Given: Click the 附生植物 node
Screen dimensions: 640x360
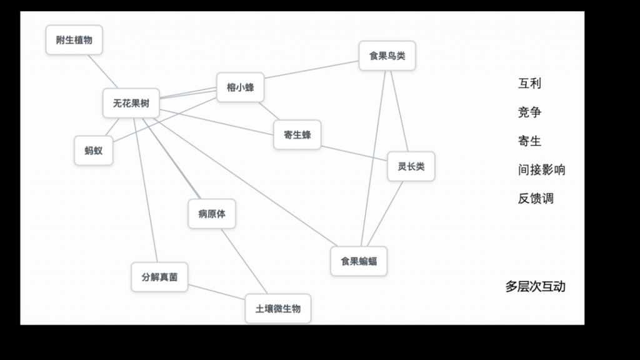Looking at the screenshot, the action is (74, 40).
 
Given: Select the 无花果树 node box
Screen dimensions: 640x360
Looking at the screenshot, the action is (131, 103).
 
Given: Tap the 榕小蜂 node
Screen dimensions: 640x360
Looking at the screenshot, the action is (241, 87).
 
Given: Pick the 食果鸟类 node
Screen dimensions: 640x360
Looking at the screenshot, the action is (387, 56).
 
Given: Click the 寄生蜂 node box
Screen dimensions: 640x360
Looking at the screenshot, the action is (297, 135).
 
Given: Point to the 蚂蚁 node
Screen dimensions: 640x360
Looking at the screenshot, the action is (94, 151).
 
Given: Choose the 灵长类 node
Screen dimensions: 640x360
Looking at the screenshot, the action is (411, 166).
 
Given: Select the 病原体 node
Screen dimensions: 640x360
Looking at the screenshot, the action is (212, 214).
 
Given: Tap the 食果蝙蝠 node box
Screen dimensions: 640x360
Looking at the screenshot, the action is (359, 261).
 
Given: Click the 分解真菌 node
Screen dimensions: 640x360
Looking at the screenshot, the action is (159, 277).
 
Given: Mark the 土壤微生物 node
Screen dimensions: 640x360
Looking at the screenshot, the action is (278, 309).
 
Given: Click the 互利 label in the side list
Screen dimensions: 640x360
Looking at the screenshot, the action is (529, 83).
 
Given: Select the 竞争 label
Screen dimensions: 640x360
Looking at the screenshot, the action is (529, 112).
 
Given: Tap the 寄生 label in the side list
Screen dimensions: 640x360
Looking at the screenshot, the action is (529, 141).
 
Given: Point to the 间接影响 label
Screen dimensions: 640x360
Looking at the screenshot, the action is (541, 169).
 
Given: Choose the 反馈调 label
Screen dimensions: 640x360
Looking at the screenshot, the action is (536, 198).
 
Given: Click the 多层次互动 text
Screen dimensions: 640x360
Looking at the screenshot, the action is (535, 286).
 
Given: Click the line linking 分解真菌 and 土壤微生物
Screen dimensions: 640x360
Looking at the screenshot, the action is (216, 292).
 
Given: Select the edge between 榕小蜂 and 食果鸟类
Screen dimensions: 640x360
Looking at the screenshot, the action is (311, 69).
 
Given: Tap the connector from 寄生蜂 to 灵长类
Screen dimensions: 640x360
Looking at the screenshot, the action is (354, 153).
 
